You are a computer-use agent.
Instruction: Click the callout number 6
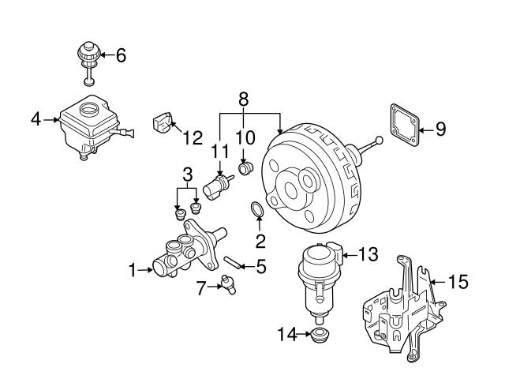point(121,56)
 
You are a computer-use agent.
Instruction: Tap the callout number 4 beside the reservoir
point(36,120)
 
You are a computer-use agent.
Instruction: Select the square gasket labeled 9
point(405,125)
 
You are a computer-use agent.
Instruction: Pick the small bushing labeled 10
point(245,169)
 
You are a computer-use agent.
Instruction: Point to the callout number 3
point(186,173)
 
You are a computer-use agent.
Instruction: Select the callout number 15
point(458,281)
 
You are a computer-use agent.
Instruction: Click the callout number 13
point(368,254)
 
